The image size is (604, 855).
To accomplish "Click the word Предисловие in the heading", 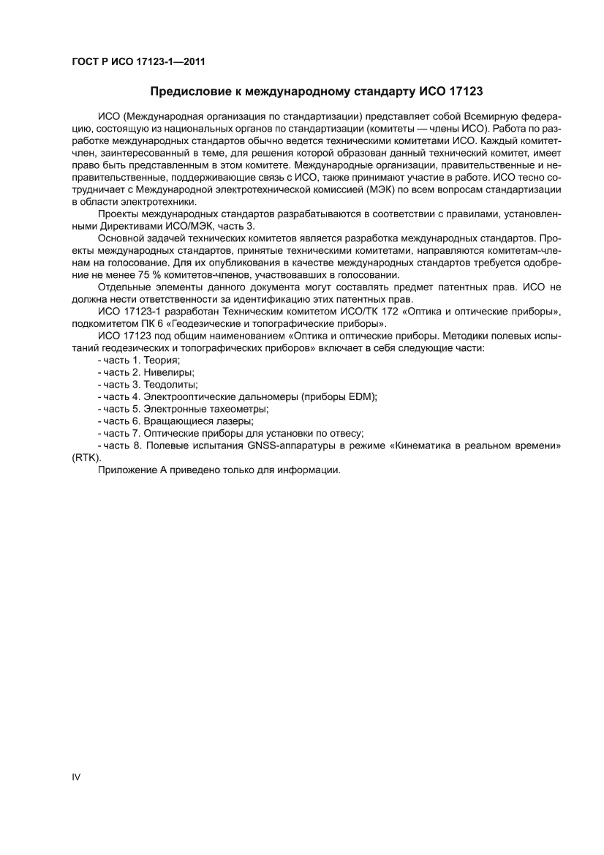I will point(186,92).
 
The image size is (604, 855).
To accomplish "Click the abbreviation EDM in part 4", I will point(362,396).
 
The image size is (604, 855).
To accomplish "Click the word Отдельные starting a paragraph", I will point(124,287).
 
